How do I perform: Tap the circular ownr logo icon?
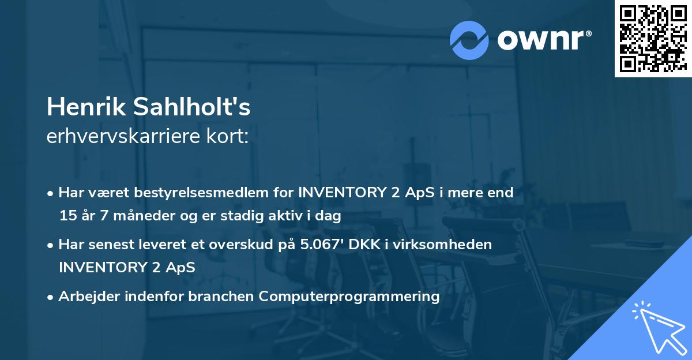469,40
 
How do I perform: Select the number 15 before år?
67,216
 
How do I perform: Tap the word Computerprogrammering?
349,297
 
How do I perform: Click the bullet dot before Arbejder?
51,297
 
